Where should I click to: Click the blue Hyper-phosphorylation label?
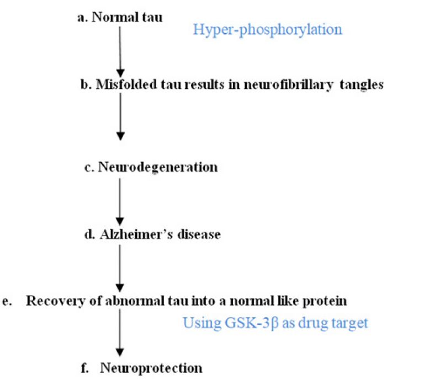(x=267, y=30)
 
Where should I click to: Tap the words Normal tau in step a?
(x=127, y=17)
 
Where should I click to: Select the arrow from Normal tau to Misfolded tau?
(x=120, y=52)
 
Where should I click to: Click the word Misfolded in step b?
(x=126, y=84)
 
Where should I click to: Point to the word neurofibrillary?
(x=289, y=85)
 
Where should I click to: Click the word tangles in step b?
(x=362, y=85)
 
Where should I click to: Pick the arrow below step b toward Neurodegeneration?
(x=120, y=117)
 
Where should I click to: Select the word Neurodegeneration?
(x=158, y=167)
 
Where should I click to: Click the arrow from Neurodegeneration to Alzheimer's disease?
(x=120, y=201)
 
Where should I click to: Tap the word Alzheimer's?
(x=136, y=234)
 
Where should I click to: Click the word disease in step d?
(x=199, y=234)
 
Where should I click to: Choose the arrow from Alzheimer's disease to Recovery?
(x=120, y=268)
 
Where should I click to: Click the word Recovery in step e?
(x=55, y=301)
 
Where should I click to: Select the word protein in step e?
(x=325, y=301)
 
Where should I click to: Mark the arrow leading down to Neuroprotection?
(x=120, y=333)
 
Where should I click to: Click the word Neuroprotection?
(x=151, y=368)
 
